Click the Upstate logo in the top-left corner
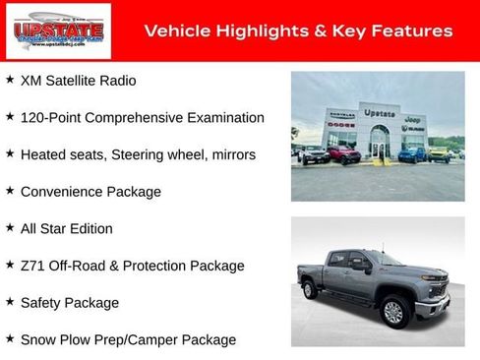click(x=43, y=31)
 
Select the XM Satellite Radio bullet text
click(x=79, y=81)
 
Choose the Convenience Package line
click(x=90, y=192)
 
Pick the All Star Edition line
click(x=67, y=229)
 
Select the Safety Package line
click(x=70, y=303)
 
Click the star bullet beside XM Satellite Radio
click(x=10, y=80)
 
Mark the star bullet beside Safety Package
click(x=10, y=302)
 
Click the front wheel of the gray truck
click(x=394, y=312)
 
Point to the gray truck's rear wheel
click(x=311, y=289)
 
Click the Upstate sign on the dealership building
click(x=380, y=114)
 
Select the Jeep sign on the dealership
click(x=413, y=118)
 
